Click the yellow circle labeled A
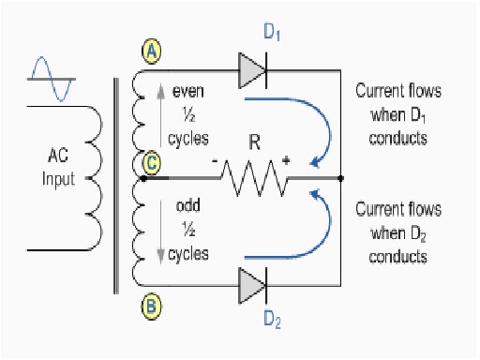point(150,52)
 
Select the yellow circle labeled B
point(150,304)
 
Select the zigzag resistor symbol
point(251,176)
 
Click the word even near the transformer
point(190,92)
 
